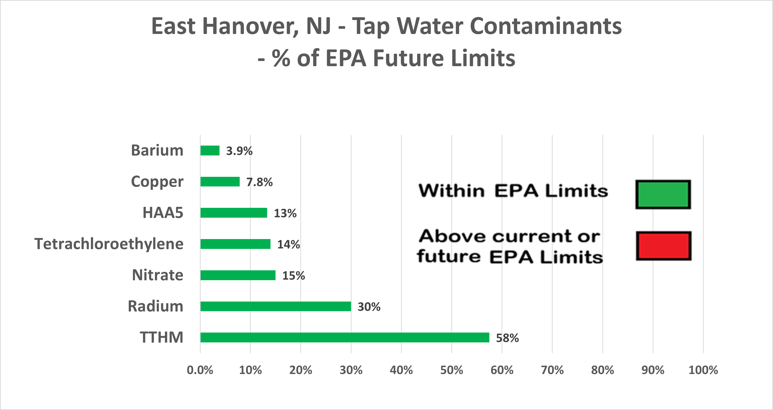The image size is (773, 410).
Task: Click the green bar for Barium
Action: (210, 150)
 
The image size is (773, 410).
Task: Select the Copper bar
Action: (220, 182)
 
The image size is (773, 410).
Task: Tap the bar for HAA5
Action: (234, 213)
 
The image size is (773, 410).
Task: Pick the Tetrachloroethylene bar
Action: (235, 244)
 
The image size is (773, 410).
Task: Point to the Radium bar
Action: (275, 306)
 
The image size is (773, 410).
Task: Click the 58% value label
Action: (507, 338)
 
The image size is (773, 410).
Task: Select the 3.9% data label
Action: (239, 151)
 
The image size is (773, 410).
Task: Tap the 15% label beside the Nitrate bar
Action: (293, 276)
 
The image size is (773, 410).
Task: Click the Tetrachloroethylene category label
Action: (109, 244)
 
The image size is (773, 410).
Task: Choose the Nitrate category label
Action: (158, 275)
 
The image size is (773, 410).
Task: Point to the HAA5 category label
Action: (163, 213)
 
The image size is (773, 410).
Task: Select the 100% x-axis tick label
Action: (703, 370)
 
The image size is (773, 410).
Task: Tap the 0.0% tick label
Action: (200, 370)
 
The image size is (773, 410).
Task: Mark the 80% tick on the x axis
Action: (602, 370)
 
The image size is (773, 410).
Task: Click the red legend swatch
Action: (664, 246)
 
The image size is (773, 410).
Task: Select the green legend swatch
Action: (663, 195)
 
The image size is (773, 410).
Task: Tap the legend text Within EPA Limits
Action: (513, 191)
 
